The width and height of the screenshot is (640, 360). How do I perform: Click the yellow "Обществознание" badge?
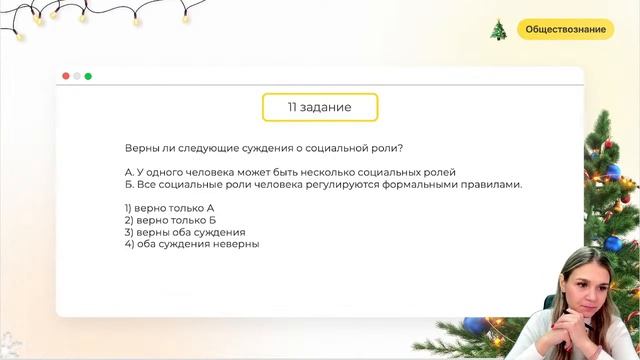(x=565, y=29)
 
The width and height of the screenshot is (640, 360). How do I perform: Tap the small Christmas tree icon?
(x=498, y=30)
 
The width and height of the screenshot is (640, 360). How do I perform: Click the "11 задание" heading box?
(x=320, y=106)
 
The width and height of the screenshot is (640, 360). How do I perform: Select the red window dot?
(x=66, y=76)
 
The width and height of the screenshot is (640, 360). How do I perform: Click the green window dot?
(x=88, y=76)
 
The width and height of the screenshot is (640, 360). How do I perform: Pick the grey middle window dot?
(x=77, y=76)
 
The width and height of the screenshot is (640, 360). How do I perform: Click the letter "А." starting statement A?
(x=129, y=172)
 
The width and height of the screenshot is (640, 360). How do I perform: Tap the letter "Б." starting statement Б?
(x=129, y=184)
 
